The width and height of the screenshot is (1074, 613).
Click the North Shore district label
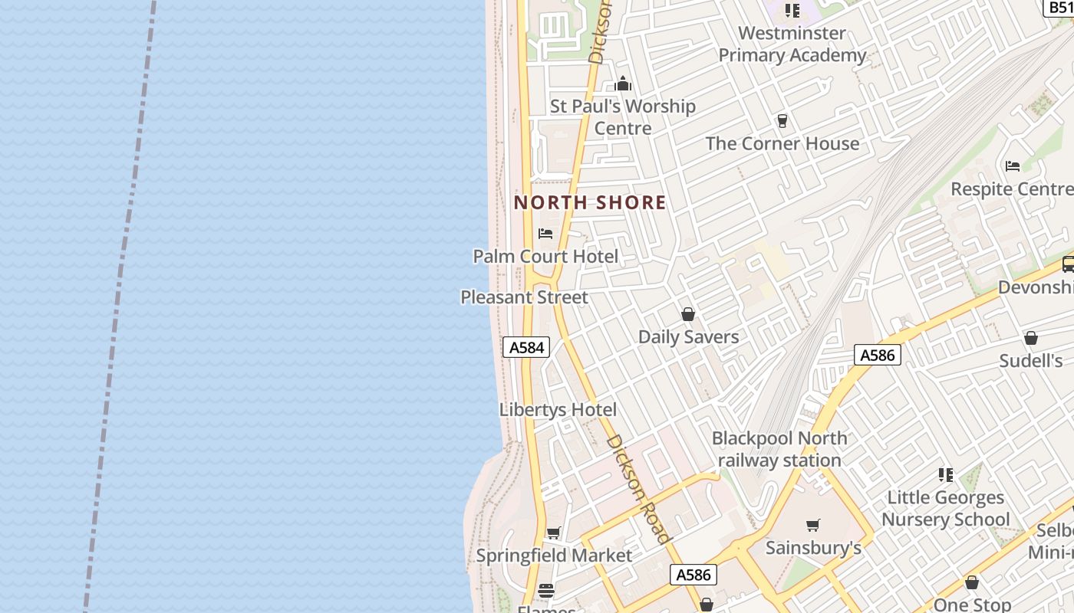590,202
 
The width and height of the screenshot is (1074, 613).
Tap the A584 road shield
527,347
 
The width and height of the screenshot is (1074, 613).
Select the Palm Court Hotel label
545,256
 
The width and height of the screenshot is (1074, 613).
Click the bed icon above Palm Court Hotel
545,233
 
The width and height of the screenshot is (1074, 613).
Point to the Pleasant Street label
524,297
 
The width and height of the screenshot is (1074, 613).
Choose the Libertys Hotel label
558,409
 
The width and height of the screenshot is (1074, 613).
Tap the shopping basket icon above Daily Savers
688,314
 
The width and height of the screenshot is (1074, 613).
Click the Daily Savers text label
688,336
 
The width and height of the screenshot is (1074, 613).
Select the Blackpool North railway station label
779,449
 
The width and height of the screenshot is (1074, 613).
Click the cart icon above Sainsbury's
813,525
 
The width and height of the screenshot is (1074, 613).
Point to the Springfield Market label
554,555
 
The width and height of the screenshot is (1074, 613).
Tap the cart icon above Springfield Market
554,533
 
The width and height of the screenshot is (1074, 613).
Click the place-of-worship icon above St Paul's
623,84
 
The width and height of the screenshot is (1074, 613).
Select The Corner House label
782,143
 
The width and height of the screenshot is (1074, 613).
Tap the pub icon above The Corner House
782,121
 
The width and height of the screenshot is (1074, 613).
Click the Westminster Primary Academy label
792,44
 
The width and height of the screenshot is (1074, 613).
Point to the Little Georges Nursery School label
945,508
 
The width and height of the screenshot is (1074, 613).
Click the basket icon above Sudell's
1031,338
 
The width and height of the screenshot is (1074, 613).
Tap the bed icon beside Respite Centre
1013,166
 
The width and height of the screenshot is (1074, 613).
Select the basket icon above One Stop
972,583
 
